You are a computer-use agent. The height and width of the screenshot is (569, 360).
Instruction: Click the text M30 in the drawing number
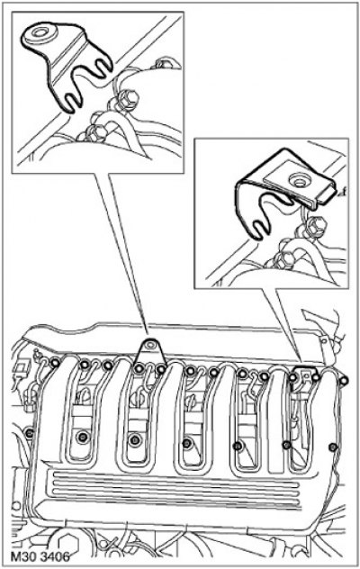pyautogui.click(x=22, y=555)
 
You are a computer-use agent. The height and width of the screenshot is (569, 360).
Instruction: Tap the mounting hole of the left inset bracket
pyautogui.click(x=38, y=32)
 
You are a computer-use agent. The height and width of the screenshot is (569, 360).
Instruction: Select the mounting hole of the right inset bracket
pyautogui.click(x=299, y=182)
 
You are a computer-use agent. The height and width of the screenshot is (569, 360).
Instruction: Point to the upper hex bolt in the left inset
pyautogui.click(x=128, y=100)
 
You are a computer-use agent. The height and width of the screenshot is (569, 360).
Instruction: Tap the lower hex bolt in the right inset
pyautogui.click(x=283, y=258)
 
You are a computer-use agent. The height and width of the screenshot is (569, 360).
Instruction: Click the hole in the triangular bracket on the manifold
pyautogui.click(x=148, y=347)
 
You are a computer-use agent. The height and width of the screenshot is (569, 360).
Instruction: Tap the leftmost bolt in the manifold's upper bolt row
pyautogui.click(x=55, y=363)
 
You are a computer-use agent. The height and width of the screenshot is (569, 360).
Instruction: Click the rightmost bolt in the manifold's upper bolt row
pyautogui.click(x=344, y=380)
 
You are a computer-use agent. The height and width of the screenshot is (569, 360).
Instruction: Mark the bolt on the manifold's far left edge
pyautogui.click(x=30, y=432)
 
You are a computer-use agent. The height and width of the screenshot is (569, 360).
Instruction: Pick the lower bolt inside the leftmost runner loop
pyautogui.click(x=83, y=438)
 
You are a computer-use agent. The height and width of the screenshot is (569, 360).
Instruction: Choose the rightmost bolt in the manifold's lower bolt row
pyautogui.click(x=332, y=447)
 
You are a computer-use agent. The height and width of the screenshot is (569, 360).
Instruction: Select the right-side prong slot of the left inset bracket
pyautogui.click(x=103, y=66)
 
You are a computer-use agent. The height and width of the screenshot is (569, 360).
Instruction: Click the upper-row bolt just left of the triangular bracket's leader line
pyautogui.click(x=138, y=368)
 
